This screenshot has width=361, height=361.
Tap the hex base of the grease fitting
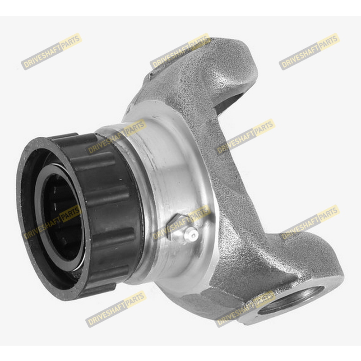pos(176,227)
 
